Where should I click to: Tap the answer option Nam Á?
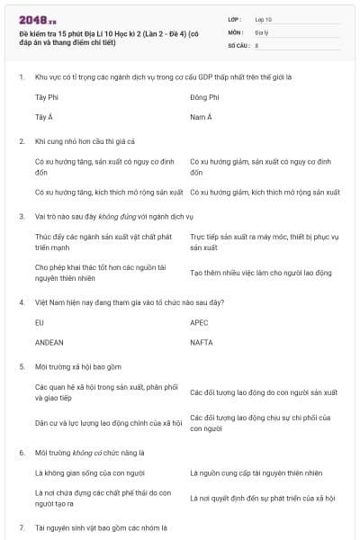(x=201, y=117)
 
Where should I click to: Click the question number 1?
(x=21, y=76)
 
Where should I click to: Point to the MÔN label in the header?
(x=236, y=31)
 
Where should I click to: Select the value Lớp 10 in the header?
(x=263, y=18)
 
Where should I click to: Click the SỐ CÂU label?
(x=238, y=44)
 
